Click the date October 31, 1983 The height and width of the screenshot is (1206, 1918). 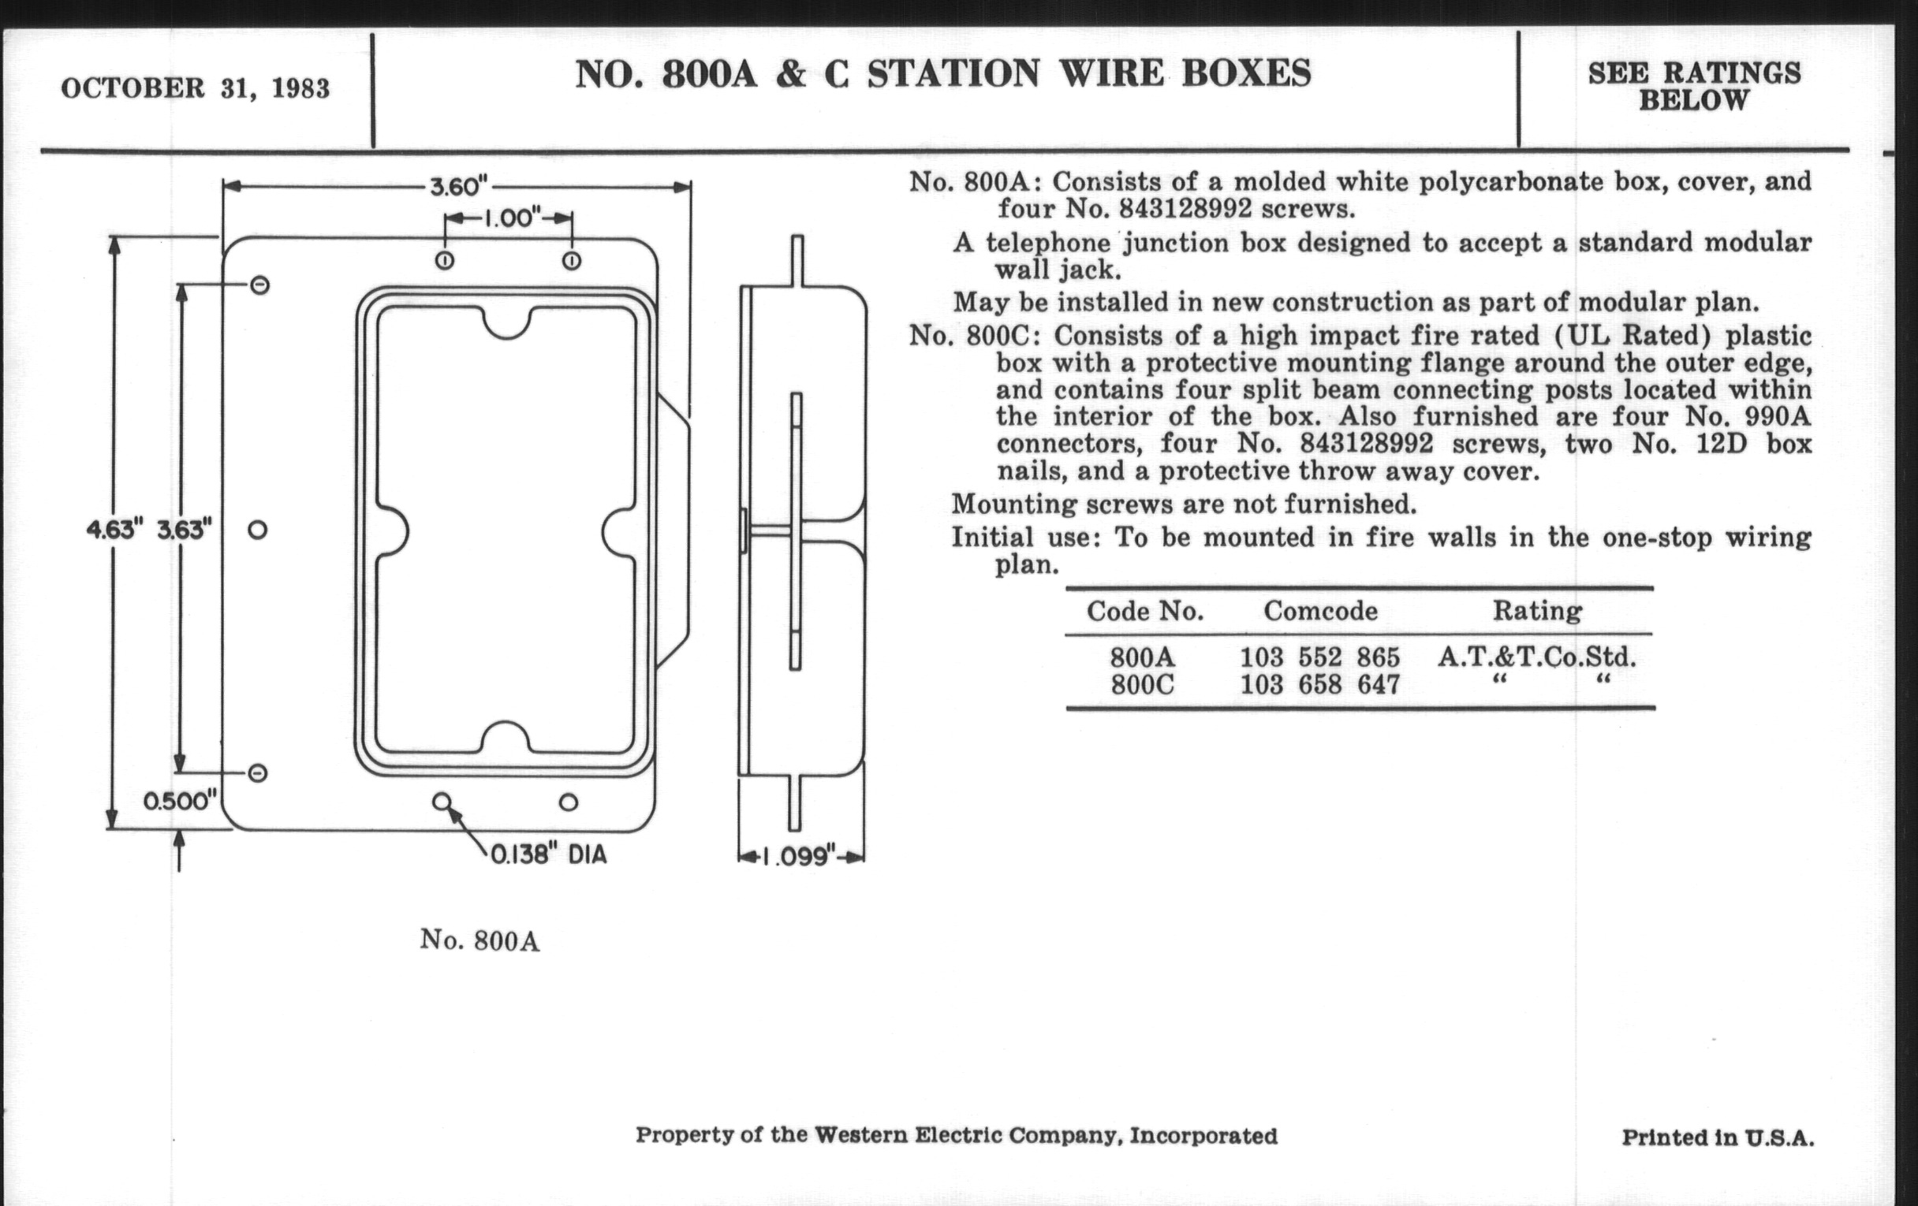(195, 87)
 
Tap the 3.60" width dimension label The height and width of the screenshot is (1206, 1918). (459, 187)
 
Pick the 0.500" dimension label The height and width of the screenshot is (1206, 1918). (180, 801)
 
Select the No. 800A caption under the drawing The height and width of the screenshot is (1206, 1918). (479, 941)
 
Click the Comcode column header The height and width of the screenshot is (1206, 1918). (1320, 611)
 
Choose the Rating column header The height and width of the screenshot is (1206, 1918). (1536, 611)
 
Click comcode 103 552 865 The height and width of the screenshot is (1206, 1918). (1319, 657)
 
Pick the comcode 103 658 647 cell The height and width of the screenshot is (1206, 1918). (1319, 685)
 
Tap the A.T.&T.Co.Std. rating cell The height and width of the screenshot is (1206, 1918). (1536, 657)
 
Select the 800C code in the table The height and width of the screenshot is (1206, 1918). (1142, 685)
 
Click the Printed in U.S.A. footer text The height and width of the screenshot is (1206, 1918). (1718, 1138)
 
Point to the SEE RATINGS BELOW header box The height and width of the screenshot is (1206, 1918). (1694, 87)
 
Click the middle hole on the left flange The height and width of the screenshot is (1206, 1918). (257, 530)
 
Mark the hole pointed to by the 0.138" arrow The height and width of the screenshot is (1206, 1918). (442, 802)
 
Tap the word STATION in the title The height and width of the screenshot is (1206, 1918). (953, 73)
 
